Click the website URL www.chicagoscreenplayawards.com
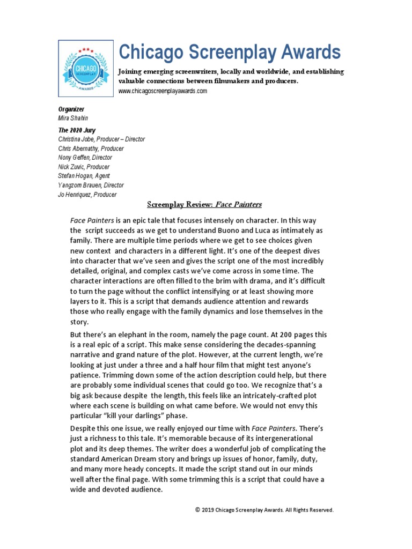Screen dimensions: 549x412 pyautogui.click(x=163, y=91)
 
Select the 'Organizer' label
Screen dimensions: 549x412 pyautogui.click(x=71, y=109)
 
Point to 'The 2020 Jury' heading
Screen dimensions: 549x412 pyautogui.click(x=77, y=130)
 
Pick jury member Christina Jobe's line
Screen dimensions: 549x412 pyautogui.click(x=101, y=139)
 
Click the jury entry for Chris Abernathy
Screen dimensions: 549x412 pyautogui.click(x=91, y=149)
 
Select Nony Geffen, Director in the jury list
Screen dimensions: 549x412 pyautogui.click(x=85, y=158)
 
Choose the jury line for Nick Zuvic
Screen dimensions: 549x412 pyautogui.click(x=84, y=167)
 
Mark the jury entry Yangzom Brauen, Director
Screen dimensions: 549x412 pyautogui.click(x=91, y=186)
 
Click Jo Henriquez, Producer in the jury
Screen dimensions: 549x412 pyautogui.click(x=87, y=195)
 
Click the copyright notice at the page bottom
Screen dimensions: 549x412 pyautogui.click(x=264, y=510)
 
